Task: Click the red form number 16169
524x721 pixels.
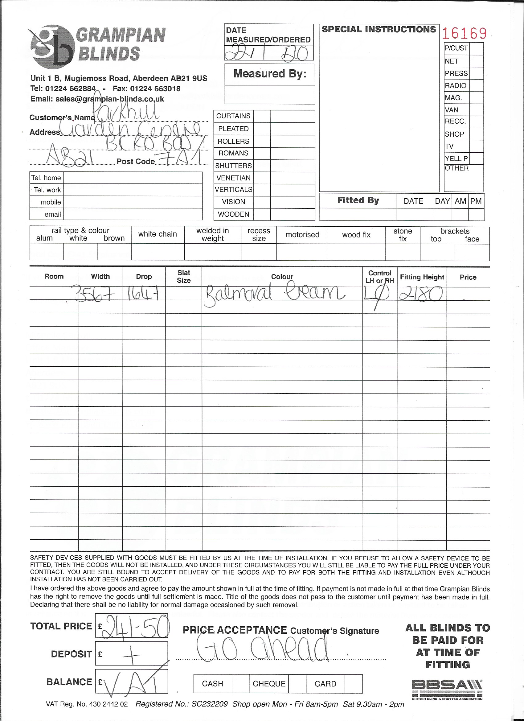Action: click(464, 33)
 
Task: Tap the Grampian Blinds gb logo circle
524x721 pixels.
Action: click(52, 47)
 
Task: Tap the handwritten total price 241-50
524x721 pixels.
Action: click(135, 626)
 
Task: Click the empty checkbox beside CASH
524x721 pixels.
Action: click(240, 684)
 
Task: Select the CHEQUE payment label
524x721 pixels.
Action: click(269, 684)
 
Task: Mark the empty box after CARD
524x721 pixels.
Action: click(353, 684)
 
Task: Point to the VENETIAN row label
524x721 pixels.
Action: click(234, 178)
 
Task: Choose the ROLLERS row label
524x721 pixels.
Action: click(234, 141)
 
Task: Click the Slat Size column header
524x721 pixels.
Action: click(184, 276)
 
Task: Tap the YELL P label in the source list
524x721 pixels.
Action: click(456, 158)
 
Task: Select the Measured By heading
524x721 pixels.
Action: click(270, 74)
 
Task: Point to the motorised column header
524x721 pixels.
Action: click(302, 235)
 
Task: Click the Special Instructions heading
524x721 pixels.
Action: click(379, 30)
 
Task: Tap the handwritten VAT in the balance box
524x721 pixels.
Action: click(133, 684)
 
